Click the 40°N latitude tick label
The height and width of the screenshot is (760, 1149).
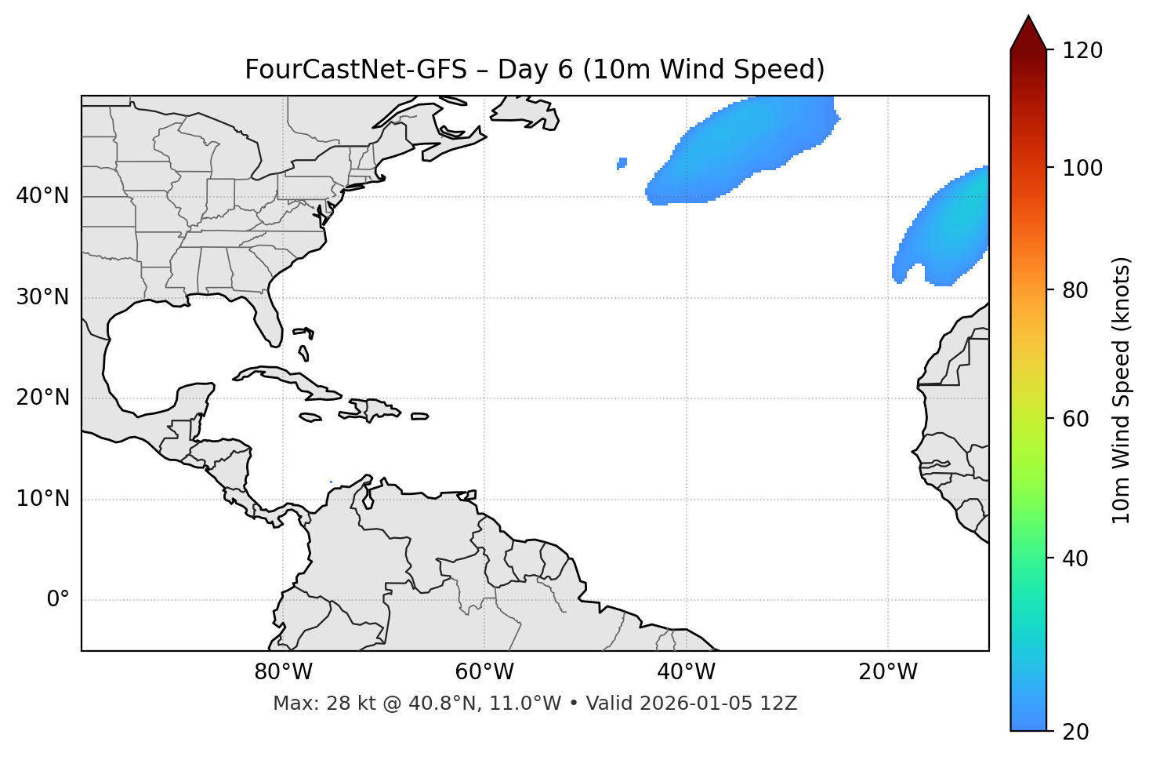(x=42, y=196)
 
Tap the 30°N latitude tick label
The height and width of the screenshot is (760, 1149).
(x=42, y=297)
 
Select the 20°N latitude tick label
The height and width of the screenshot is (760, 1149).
(x=42, y=398)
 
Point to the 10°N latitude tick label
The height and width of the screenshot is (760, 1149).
(x=42, y=499)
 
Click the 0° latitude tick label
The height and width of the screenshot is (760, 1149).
(x=58, y=600)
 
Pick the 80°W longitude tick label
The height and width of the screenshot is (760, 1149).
(x=283, y=672)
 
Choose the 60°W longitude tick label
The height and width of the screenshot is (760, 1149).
(x=484, y=672)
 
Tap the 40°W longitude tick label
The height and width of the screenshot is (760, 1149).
(x=686, y=672)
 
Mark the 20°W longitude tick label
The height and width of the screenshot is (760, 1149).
(x=887, y=672)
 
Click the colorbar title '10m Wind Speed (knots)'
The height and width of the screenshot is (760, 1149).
(x=1122, y=390)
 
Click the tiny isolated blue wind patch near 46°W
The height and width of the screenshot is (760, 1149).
(x=622, y=163)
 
